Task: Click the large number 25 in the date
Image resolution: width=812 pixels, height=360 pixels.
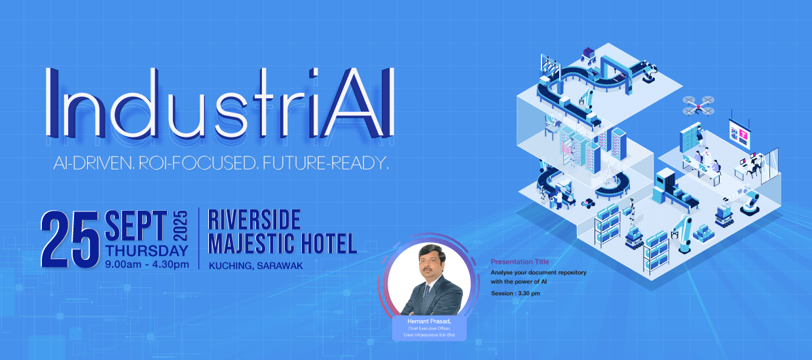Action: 70,240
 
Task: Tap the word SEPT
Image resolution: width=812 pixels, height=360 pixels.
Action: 136,225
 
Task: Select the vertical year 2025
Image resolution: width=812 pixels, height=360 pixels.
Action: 180,226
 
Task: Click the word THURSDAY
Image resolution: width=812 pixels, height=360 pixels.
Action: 147,251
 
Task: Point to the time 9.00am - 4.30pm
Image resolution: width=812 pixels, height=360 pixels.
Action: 147,264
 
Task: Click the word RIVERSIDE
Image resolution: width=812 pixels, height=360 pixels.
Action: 254,219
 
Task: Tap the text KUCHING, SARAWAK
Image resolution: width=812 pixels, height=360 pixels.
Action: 255,266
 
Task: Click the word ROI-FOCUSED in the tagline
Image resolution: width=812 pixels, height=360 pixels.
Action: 198,164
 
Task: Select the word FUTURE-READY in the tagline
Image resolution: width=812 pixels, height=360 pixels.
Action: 325,164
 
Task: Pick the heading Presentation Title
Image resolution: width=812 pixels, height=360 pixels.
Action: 520,261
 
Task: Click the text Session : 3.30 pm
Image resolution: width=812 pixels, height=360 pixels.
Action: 515,293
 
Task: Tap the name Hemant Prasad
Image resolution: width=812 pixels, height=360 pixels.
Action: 429,321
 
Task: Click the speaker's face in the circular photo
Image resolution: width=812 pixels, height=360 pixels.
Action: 432,262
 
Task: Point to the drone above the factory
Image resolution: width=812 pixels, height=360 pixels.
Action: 698,106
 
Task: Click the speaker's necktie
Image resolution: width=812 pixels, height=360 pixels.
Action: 427,294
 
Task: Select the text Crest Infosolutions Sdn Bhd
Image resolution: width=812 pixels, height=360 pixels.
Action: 429,335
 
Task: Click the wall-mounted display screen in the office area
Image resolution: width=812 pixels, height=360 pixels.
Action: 739,134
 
